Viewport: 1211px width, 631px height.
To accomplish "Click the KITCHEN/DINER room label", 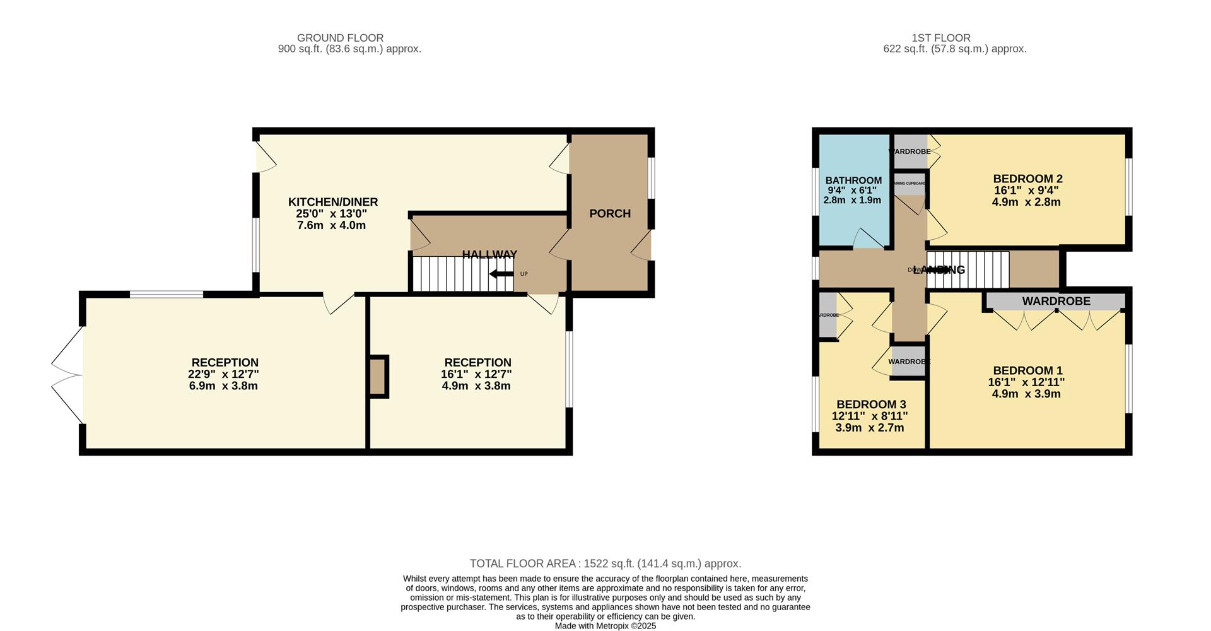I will point(333,202).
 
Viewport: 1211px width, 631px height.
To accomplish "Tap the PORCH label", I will point(610,214).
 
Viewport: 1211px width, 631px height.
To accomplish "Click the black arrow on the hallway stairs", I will point(501,274).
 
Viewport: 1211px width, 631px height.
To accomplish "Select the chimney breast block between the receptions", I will point(377,377).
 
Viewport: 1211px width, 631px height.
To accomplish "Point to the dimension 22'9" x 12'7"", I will point(225,374).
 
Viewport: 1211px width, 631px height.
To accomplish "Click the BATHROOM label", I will point(853,180).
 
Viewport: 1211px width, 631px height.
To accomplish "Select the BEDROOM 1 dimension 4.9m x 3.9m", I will point(1026,394).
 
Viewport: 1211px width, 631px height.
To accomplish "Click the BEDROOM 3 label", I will point(871,404).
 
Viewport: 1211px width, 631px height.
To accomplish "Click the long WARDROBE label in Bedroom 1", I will point(1056,302).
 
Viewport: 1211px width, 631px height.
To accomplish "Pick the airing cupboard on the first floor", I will point(910,184).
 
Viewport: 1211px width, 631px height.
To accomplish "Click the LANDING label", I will point(939,270).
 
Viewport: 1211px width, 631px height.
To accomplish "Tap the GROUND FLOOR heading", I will point(340,38).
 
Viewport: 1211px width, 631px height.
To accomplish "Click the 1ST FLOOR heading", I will point(940,38).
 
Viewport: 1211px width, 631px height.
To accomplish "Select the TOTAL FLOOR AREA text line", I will point(605,563).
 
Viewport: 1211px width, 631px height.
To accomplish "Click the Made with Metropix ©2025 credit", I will point(605,626).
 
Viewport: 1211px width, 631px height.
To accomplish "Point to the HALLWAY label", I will point(489,254).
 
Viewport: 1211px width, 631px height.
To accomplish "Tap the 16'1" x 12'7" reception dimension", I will point(476,374).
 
